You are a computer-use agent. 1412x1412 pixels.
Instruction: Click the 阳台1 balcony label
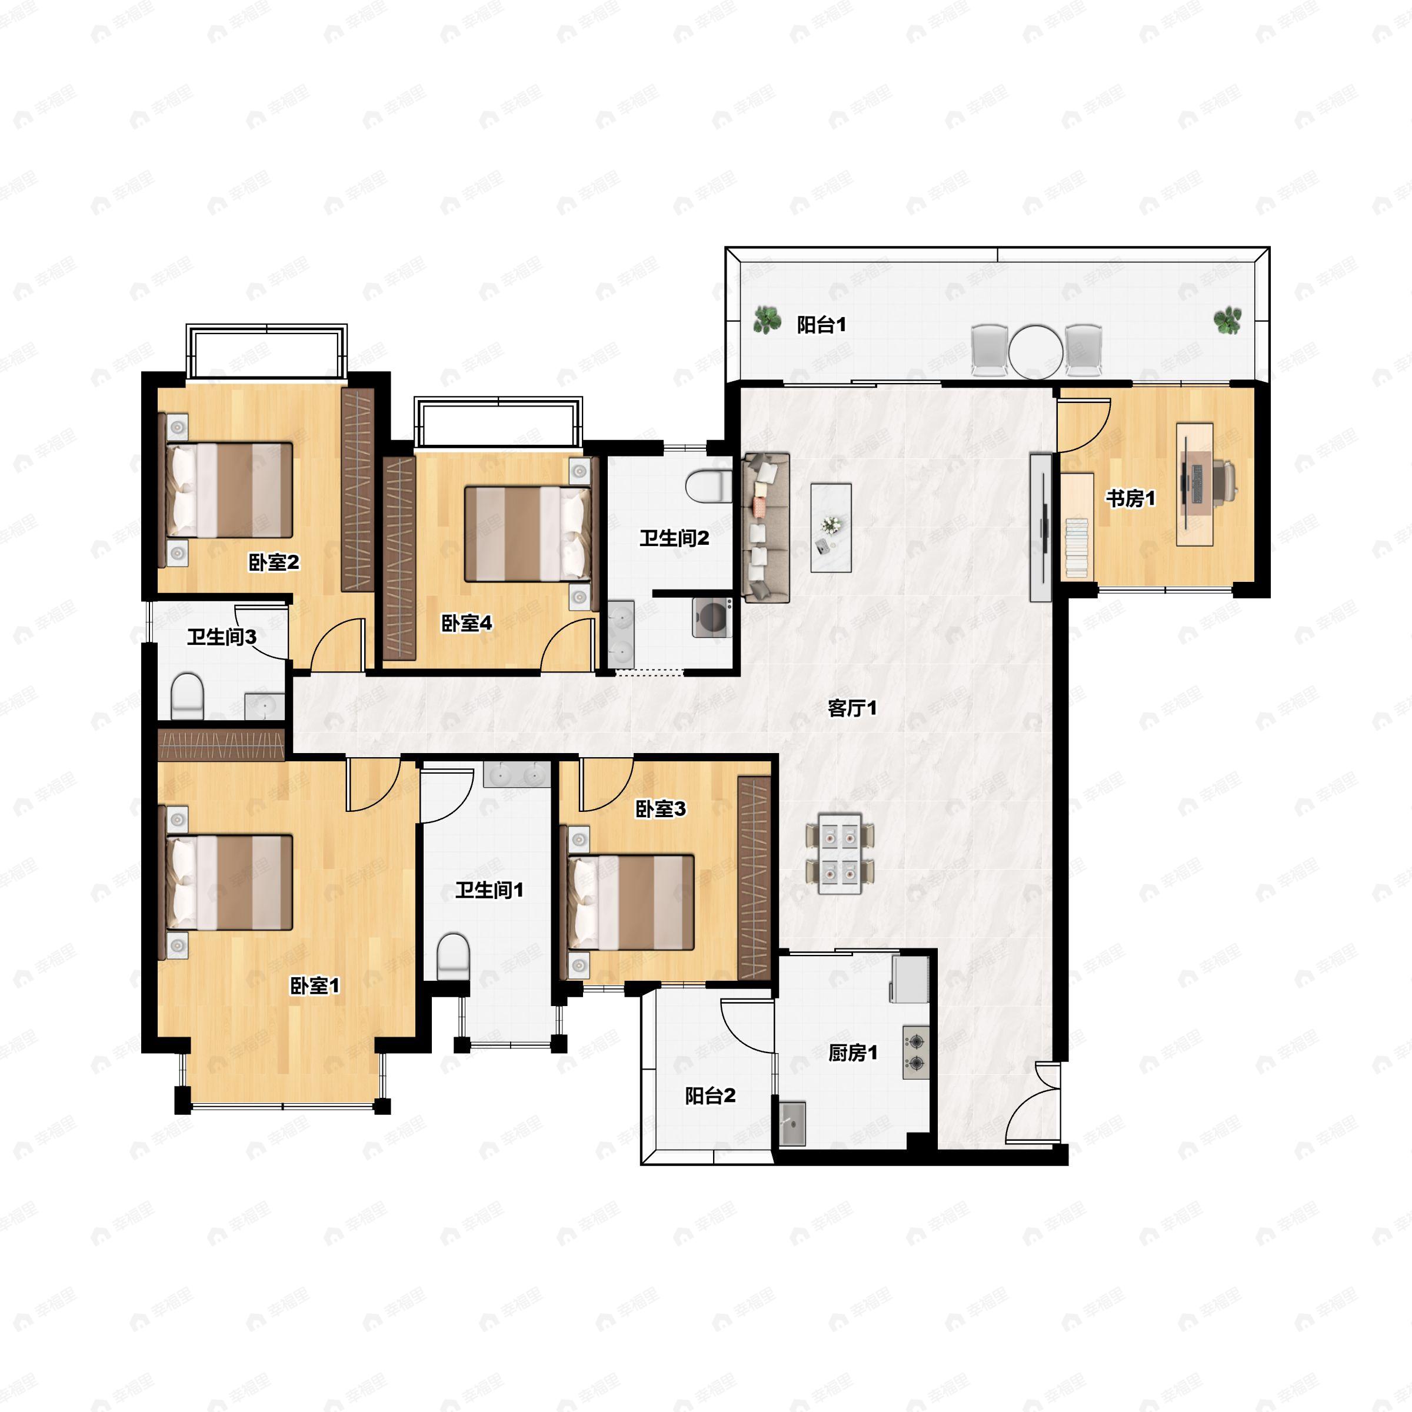tap(821, 325)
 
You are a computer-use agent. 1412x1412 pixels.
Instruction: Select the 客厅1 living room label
tap(852, 707)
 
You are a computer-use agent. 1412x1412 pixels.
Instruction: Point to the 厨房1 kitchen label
tap(852, 1053)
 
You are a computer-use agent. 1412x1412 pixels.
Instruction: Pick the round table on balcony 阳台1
tap(1035, 351)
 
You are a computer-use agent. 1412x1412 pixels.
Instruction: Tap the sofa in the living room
tap(766, 527)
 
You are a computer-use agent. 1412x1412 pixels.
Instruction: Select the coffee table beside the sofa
tap(831, 528)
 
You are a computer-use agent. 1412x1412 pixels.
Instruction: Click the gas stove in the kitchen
tap(916, 1053)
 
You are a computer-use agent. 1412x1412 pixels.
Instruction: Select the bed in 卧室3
tap(627, 902)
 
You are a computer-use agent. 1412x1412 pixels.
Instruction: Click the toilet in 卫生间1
tap(452, 956)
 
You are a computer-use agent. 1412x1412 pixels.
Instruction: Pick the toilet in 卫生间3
tap(187, 696)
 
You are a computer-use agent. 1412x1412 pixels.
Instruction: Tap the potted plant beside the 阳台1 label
tap(766, 319)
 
